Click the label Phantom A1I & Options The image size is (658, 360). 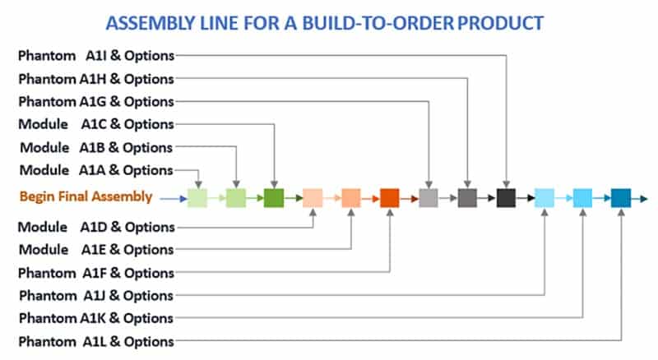click(x=96, y=55)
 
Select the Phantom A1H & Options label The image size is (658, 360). click(x=96, y=79)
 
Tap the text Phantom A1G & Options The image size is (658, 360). click(x=96, y=102)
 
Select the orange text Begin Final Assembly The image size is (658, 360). click(x=86, y=197)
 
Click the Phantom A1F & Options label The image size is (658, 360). click(x=96, y=272)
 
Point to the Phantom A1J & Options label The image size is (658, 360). click(x=96, y=295)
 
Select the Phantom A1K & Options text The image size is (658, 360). click(x=96, y=318)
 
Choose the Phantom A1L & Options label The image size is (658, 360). click(x=96, y=341)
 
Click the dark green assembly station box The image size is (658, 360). click(x=274, y=198)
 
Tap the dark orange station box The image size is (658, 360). click(x=390, y=198)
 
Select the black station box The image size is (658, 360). click(x=506, y=198)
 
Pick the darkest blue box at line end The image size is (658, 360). click(x=621, y=198)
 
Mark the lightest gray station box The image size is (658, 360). click(x=429, y=198)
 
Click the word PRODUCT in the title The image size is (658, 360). click(x=500, y=22)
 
